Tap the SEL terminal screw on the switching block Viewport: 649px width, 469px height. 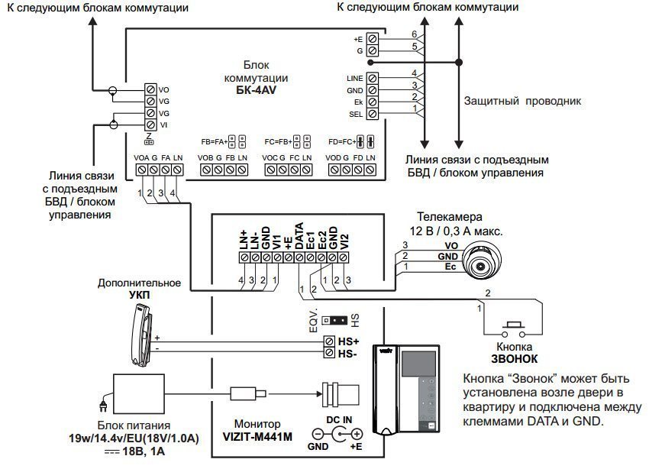pos(372,114)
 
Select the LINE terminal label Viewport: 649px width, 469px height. pos(354,78)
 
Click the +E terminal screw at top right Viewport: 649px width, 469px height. pos(372,37)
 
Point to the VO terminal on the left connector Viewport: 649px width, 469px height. pos(151,90)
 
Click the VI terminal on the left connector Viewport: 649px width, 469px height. pos(151,125)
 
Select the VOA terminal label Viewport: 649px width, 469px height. pos(141,157)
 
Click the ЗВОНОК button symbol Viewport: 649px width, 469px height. pos(510,329)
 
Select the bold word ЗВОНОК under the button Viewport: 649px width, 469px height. pos(514,357)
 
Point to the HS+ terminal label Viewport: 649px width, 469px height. pos(349,340)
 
